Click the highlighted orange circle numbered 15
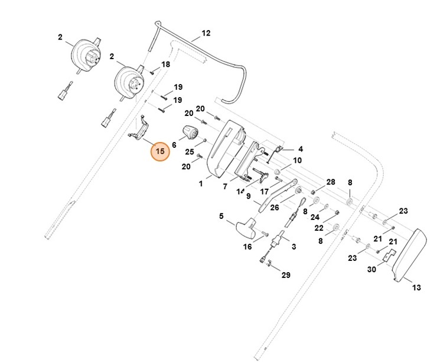(159, 151)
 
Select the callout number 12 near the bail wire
(206, 34)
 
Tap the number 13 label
(416, 288)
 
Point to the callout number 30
(371, 270)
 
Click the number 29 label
(285, 276)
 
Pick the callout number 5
(222, 216)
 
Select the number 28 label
(331, 182)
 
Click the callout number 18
(165, 64)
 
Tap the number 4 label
(300, 149)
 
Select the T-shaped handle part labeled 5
(244, 228)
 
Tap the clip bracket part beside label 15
(141, 130)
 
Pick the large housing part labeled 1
(227, 148)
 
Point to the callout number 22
(318, 228)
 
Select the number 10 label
(297, 160)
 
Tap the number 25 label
(189, 152)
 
